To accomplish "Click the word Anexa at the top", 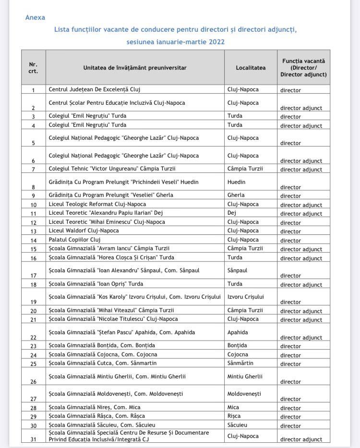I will (35, 17).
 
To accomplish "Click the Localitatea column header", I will (251, 68).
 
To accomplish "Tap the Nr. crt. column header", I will (33, 68).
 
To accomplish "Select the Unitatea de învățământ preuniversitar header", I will (135, 68).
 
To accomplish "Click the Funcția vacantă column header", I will (303, 68).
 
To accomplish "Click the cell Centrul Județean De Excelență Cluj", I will (95, 89).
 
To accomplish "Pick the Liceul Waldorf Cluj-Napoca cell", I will (84, 230).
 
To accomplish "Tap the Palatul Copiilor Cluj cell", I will (74, 240).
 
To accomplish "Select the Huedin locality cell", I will (236, 182).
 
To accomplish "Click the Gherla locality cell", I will (236, 195).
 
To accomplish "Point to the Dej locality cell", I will (232, 213).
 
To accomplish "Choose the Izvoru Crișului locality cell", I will (246, 297).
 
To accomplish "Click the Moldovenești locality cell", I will (244, 394).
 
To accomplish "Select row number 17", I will (33, 276).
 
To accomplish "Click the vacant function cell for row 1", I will (291, 90).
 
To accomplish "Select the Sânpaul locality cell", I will (237, 270).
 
